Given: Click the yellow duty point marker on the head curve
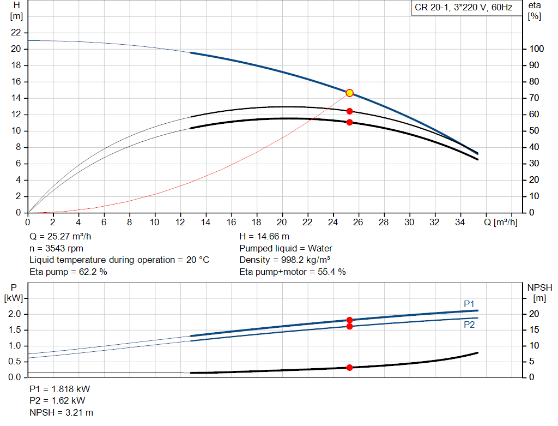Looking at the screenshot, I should (x=349, y=93).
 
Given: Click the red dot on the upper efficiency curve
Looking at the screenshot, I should (x=349, y=111).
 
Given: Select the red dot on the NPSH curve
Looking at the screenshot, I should (x=349, y=368).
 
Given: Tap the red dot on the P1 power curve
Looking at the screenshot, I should (x=349, y=320).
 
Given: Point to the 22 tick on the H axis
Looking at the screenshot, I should (x=16, y=33).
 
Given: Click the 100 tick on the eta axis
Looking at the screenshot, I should (x=536, y=49).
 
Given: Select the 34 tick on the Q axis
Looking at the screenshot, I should (x=460, y=223).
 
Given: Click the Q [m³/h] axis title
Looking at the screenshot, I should (x=500, y=223).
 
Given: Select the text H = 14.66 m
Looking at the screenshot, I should (x=264, y=237).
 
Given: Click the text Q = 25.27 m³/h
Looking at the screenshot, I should (x=60, y=237).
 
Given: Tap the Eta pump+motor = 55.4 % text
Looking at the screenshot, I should (x=293, y=272).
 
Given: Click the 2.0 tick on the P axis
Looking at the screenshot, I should (x=15, y=314).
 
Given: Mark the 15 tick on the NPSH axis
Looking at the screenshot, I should (x=533, y=330).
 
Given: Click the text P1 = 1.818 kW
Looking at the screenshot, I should (x=60, y=389).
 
